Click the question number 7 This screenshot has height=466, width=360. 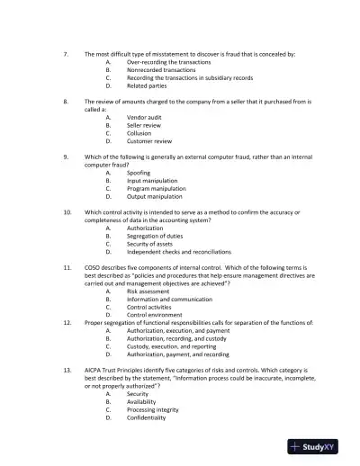coord(67,54)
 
